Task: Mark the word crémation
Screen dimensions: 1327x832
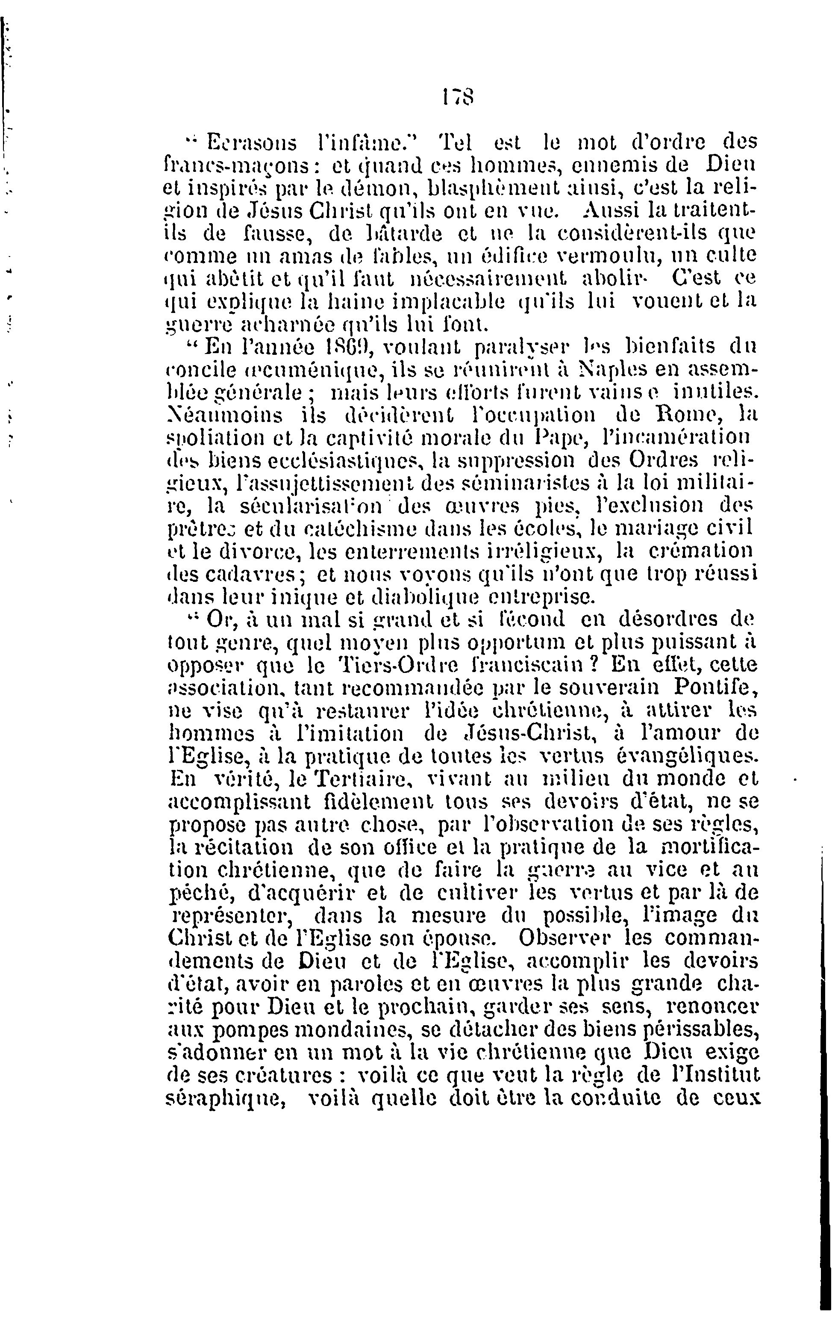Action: (x=700, y=551)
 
